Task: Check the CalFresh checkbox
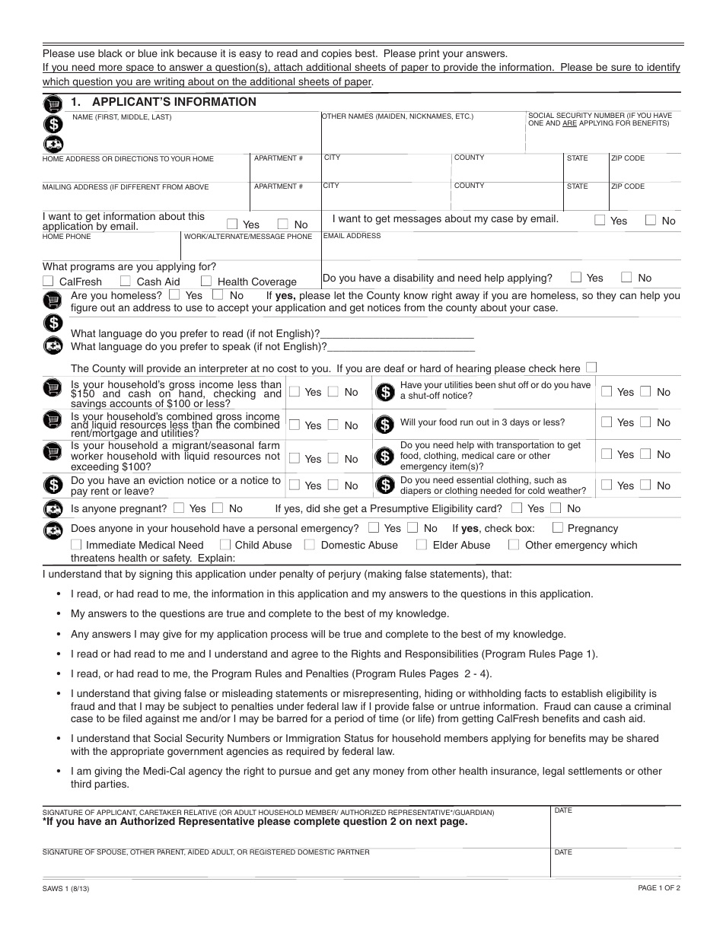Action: pos(48,282)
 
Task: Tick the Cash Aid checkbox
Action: pos(126,282)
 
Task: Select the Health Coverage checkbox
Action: pos(206,282)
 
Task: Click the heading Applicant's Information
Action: pos(174,102)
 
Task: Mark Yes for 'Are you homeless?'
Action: pos(175,294)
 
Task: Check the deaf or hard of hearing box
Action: pos(592,367)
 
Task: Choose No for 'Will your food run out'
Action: pos(645,422)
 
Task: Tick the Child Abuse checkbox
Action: pos(225,544)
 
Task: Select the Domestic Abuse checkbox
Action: pos(310,544)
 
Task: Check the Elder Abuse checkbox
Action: pos(421,544)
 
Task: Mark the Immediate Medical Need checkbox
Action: pos(76,544)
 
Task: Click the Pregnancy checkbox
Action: pos(558,527)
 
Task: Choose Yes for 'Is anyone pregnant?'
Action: pos(179,508)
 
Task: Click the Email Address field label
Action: pos(352,236)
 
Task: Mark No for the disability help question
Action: pos(626,277)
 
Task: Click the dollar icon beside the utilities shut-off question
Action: pos(386,392)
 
